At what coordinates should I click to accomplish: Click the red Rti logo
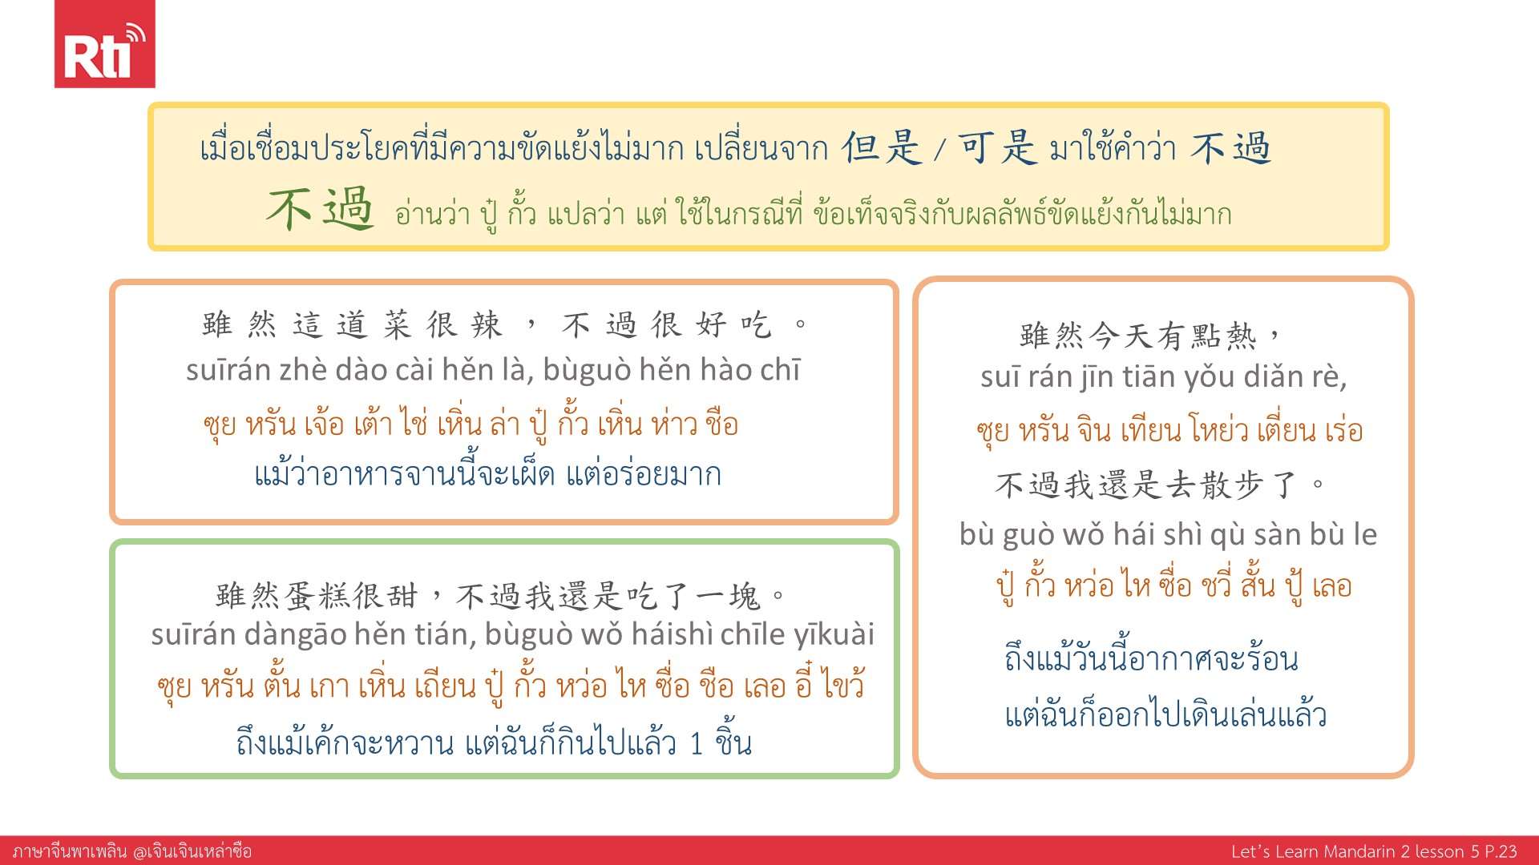[x=104, y=44]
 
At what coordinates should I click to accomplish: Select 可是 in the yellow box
[x=997, y=147]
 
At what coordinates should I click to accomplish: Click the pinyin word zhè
[x=303, y=370]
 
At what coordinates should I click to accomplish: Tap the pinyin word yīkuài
[x=834, y=634]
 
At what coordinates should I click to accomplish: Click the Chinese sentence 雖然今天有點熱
[x=1138, y=336]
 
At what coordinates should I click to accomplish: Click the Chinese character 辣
[x=486, y=325]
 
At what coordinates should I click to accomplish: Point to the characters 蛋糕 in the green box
[x=316, y=596]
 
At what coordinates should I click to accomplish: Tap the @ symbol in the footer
[x=142, y=851]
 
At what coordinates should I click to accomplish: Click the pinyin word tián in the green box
[x=446, y=634]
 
